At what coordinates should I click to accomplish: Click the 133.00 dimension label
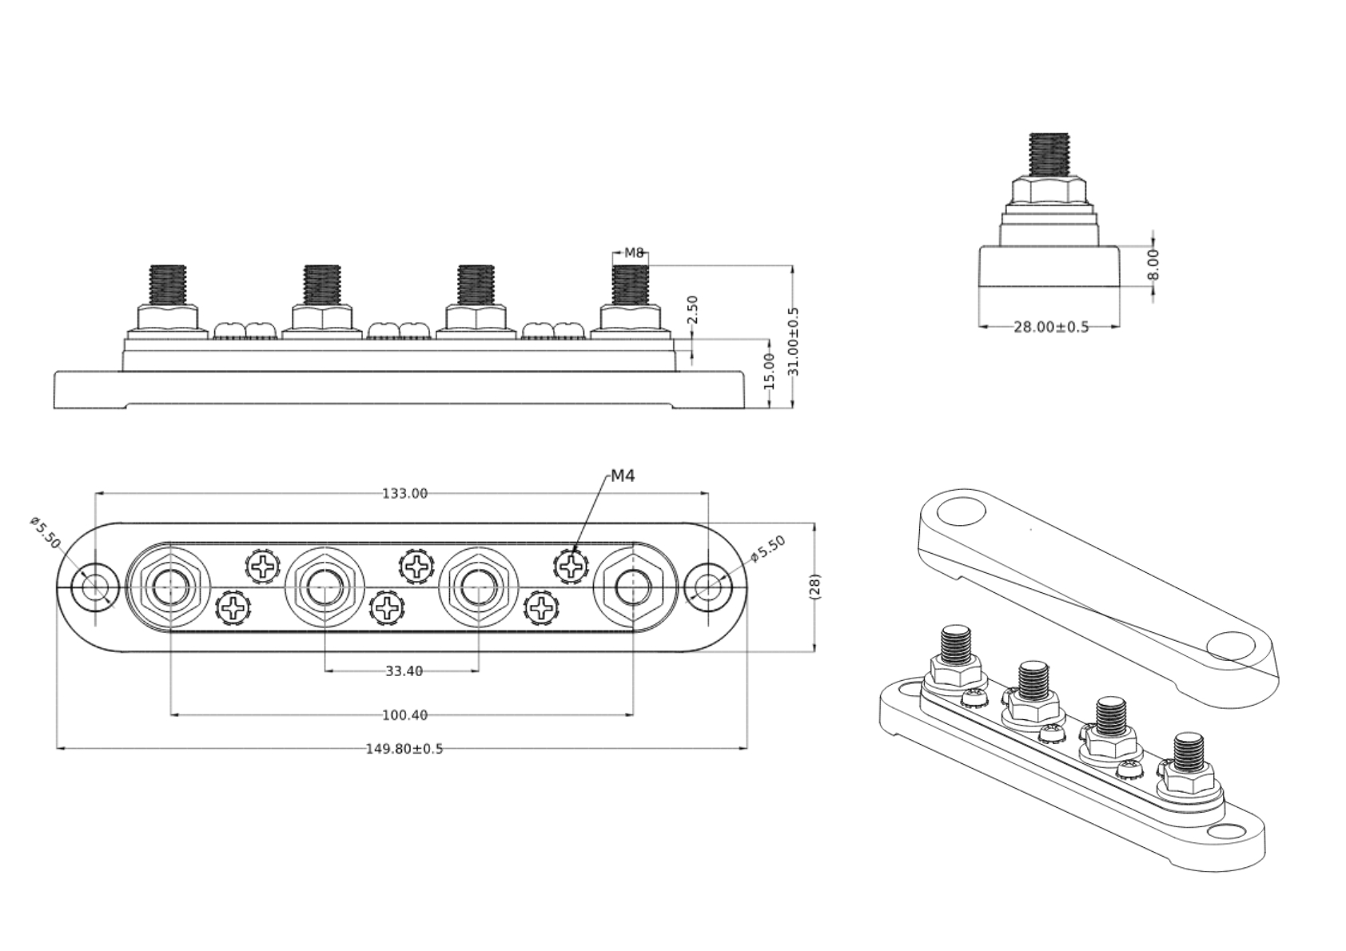404,494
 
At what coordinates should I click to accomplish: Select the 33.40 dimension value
404,671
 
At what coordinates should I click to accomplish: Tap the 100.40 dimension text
404,715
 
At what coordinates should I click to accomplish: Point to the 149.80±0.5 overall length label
404,749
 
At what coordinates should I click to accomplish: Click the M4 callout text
623,476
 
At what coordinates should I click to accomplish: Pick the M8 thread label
634,253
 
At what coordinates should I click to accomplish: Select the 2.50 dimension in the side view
693,310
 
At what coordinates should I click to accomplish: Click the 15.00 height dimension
769,372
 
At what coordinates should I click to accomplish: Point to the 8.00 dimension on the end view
1153,265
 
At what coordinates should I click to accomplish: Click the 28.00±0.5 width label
1051,327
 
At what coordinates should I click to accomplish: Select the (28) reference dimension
814,587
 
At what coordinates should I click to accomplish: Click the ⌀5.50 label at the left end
46,532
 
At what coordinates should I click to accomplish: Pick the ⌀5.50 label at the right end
768,548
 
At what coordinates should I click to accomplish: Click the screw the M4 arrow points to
570,567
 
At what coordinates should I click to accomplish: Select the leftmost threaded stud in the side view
168,284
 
